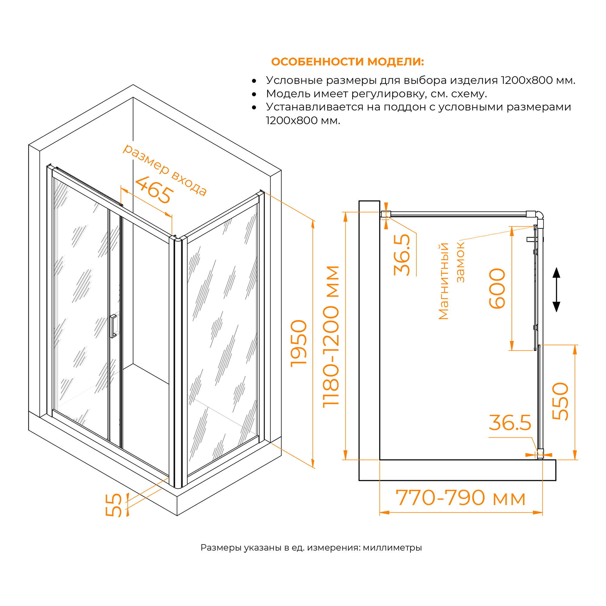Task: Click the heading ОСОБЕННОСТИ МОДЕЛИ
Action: (x=347, y=62)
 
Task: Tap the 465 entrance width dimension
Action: (x=154, y=190)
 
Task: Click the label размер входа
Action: (x=165, y=170)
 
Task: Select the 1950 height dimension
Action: (x=298, y=344)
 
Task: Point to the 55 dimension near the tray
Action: (x=114, y=505)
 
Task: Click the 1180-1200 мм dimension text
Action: (x=331, y=337)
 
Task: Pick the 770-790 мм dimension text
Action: (x=460, y=498)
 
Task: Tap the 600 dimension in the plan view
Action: (x=497, y=288)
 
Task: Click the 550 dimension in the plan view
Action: (x=560, y=401)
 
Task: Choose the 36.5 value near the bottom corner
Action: (x=510, y=423)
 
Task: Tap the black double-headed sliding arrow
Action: (x=556, y=290)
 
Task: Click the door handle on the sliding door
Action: (x=113, y=326)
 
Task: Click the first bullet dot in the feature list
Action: (x=254, y=81)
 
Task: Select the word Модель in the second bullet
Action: (x=284, y=94)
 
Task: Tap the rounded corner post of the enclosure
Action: (x=178, y=361)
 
